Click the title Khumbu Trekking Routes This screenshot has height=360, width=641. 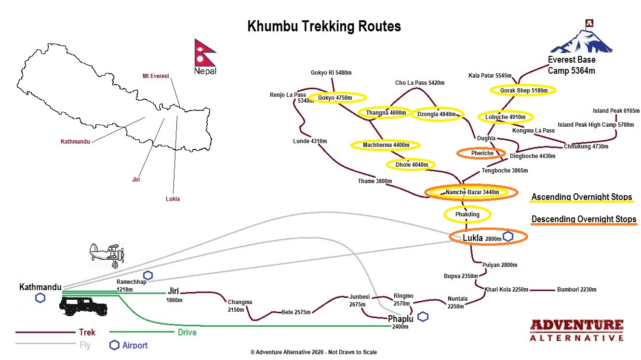324,26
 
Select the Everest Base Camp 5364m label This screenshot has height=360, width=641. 572,65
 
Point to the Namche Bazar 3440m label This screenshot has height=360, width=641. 471,192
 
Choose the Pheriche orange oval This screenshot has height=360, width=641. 482,153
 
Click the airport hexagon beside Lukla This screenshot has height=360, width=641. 507,237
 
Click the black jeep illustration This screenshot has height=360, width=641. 83,306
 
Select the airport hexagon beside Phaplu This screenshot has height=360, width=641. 423,317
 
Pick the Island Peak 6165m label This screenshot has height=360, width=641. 616,111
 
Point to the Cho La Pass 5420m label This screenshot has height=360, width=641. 419,83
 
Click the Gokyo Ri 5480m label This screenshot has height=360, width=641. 331,73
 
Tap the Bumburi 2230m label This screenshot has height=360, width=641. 576,290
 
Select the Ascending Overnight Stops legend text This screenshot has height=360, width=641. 581,197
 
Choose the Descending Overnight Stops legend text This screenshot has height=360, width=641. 584,219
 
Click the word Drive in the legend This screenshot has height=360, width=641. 187,332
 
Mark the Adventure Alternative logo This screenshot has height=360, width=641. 576,330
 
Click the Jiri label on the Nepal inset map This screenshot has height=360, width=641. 135,179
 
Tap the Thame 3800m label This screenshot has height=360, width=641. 374,181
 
